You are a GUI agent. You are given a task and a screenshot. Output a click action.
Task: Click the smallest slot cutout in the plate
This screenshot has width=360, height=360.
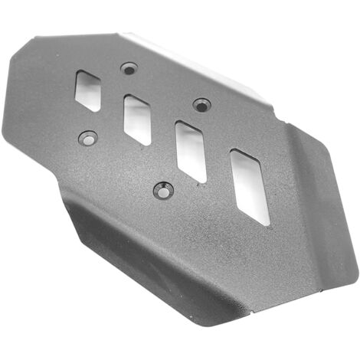pos(89,90)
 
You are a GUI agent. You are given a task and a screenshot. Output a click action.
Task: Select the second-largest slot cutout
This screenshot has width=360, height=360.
pos(191,150)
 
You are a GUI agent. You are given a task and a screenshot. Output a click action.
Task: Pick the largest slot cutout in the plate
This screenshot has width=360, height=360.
pos(250,186)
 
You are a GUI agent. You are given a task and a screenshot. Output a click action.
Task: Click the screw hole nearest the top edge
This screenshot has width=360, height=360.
pos(129,69)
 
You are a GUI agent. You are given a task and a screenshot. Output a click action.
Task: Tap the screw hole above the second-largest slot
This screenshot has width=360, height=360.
pos(201,103)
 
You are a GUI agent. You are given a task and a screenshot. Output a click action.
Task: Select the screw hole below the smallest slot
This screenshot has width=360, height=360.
pos(87,139)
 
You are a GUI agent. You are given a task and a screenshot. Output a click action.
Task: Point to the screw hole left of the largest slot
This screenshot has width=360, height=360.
pos(163,189)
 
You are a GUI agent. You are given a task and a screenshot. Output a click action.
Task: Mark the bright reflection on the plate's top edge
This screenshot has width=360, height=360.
pos(191,54)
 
